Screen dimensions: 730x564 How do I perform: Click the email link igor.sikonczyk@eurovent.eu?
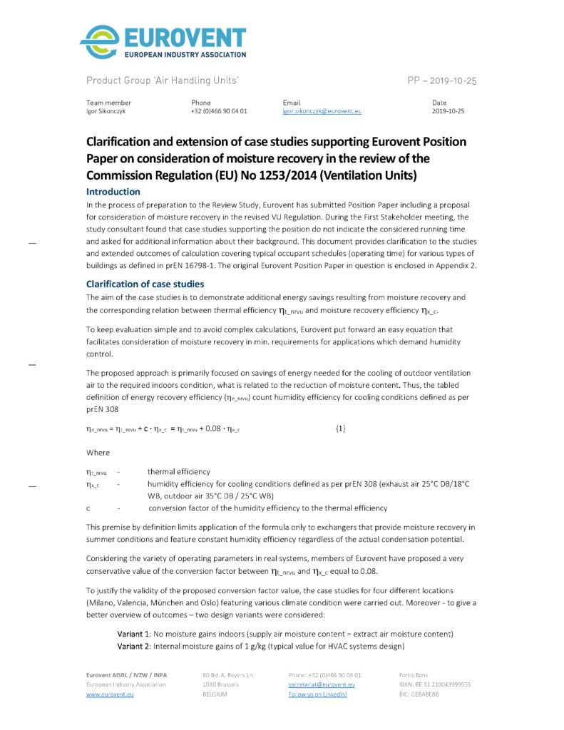click(322, 112)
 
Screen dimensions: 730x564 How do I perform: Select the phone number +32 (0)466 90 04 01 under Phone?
click(219, 112)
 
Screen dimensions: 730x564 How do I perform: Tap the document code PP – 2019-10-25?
click(441, 81)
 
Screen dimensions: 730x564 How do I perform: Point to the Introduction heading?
click(113, 192)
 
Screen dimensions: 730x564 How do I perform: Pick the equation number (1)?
click(341, 428)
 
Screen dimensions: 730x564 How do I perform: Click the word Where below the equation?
click(98, 453)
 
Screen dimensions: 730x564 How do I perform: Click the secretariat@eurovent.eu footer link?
click(322, 684)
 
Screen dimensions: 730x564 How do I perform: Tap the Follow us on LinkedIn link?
click(317, 694)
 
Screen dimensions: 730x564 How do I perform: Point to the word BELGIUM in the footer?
click(215, 694)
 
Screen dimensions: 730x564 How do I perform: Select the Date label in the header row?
click(439, 103)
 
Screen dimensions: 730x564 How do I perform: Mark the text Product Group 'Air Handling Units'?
click(162, 81)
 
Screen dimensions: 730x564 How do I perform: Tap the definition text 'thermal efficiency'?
click(179, 471)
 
